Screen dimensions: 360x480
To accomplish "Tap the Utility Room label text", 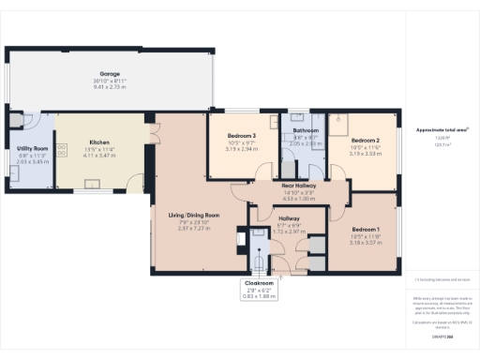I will [32, 148].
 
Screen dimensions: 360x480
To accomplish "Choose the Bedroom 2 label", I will [366, 139].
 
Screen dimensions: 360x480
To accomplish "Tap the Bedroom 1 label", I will [366, 229].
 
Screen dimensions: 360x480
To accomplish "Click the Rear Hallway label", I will [300, 186].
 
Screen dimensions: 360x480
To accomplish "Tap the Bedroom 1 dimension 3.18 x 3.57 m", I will [366, 242].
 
